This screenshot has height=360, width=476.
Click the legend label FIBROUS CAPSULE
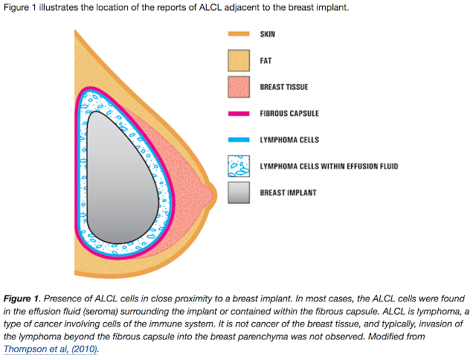[x=289, y=114]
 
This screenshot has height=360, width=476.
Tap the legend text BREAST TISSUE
[x=284, y=87]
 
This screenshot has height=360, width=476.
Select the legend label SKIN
[x=268, y=34]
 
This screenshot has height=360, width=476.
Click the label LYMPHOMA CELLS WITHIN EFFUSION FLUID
[x=329, y=166]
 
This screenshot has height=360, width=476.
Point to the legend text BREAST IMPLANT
[x=286, y=193]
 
